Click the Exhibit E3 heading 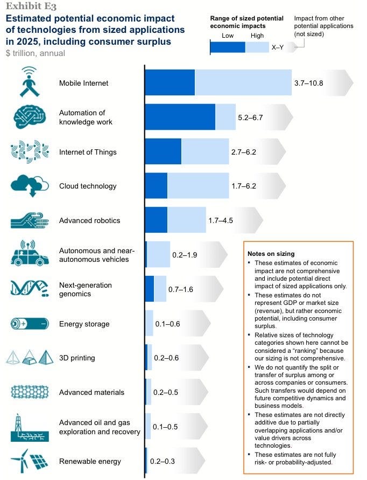point(31,6)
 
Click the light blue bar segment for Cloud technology point(197,186)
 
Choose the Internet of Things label point(88,152)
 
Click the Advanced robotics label point(89,220)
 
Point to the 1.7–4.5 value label point(221,220)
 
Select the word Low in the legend point(228,36)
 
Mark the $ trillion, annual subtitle point(36,53)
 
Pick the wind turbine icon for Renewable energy point(19,461)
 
